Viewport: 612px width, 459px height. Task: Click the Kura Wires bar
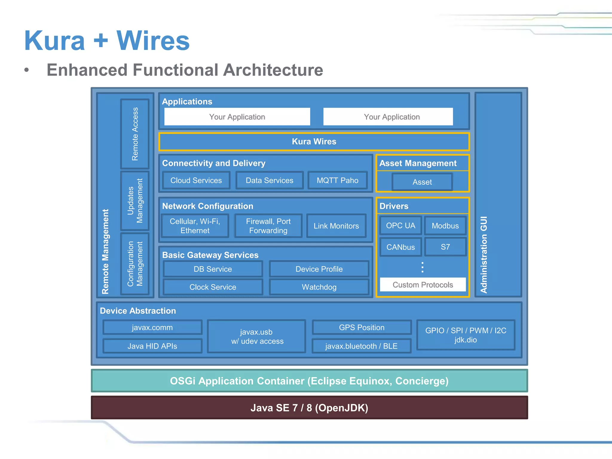(314, 142)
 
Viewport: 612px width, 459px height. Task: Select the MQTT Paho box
(337, 180)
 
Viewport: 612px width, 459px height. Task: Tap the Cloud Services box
(196, 180)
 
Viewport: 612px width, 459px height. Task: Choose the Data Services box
(269, 180)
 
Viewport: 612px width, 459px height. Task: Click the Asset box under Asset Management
(422, 182)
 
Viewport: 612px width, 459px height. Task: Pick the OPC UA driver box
(400, 226)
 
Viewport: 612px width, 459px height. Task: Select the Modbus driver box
(445, 226)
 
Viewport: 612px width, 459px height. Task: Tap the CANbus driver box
(400, 247)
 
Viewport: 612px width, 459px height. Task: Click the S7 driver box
(445, 247)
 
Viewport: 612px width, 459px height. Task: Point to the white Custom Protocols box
(423, 285)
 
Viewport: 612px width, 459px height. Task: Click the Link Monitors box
(336, 226)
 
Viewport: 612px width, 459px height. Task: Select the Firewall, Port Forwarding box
(268, 226)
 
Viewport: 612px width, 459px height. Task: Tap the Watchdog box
(319, 287)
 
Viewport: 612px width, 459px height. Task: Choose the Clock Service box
(213, 287)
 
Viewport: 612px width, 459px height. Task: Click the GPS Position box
(362, 328)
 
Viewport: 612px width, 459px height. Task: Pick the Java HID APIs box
(152, 346)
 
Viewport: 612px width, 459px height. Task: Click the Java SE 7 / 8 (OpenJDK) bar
(309, 408)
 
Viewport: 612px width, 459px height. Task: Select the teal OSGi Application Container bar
(309, 381)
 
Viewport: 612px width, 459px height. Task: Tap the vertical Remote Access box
(135, 134)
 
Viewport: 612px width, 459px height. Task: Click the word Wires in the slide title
(153, 41)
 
